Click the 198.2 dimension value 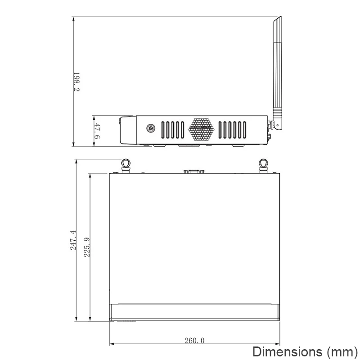(x=76, y=82)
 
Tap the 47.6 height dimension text (x=97, y=131)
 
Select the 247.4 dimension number (x=73, y=240)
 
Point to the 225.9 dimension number (x=87, y=247)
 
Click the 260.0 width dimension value (x=194, y=341)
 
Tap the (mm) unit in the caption (x=342, y=352)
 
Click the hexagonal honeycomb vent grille (x=201, y=130)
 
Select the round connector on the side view (x=151, y=128)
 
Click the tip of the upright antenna (x=280, y=17)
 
